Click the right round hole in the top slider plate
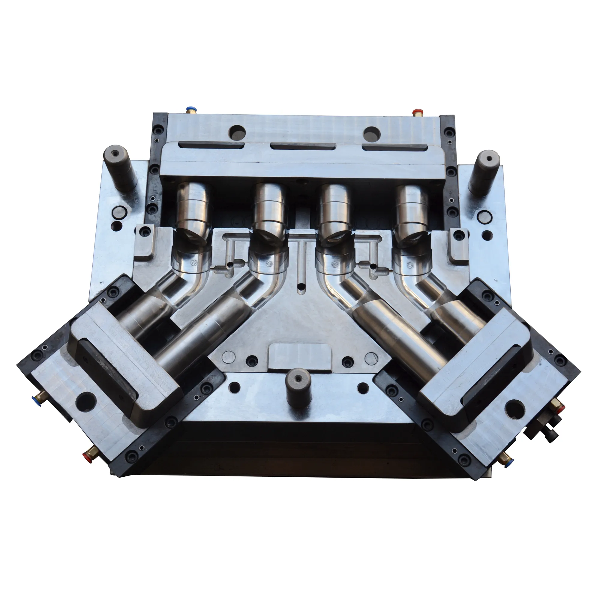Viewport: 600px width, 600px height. (372, 133)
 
